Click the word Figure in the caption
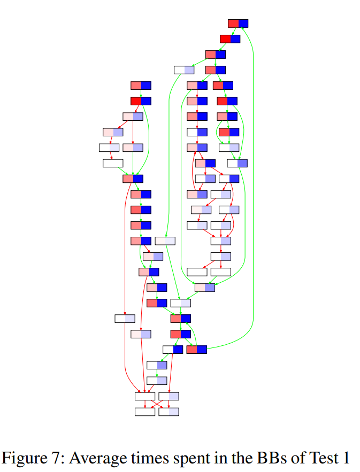point(25,458)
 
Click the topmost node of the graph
point(238,23)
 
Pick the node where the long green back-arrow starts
point(196,350)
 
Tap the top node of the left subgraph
point(141,85)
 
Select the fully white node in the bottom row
point(145,412)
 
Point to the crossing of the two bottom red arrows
point(157,404)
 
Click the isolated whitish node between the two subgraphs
point(165,241)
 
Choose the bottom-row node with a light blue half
point(168,412)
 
